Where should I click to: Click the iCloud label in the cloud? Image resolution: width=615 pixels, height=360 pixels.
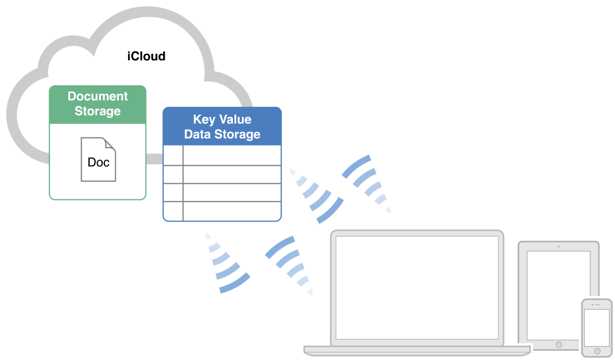pos(147,56)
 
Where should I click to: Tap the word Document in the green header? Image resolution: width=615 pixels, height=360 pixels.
pos(98,97)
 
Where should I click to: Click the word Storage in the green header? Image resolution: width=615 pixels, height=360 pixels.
pos(98,111)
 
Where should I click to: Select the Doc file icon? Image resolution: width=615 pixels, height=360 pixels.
pos(98,160)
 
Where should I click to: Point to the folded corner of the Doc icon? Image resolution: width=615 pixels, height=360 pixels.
pos(110,144)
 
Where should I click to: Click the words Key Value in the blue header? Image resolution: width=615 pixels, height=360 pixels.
pos(222,120)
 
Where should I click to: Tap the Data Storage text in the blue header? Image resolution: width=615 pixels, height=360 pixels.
pos(222,135)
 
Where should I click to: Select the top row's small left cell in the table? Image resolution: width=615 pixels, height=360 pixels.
pos(173,155)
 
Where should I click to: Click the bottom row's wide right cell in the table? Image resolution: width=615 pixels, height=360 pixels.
pos(232,211)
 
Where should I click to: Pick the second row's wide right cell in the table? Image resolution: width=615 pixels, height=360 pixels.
pos(232,175)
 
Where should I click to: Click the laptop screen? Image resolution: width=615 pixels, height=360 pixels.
pos(417,287)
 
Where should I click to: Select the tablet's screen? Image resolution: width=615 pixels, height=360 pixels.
pos(558,294)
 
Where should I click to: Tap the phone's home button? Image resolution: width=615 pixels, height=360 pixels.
pos(597,351)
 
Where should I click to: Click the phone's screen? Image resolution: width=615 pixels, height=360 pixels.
pos(596,328)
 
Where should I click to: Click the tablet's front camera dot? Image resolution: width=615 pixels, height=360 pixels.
pos(558,246)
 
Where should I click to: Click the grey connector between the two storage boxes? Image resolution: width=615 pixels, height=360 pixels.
pos(154,159)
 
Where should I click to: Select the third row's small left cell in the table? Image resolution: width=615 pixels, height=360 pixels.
pos(173,193)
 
